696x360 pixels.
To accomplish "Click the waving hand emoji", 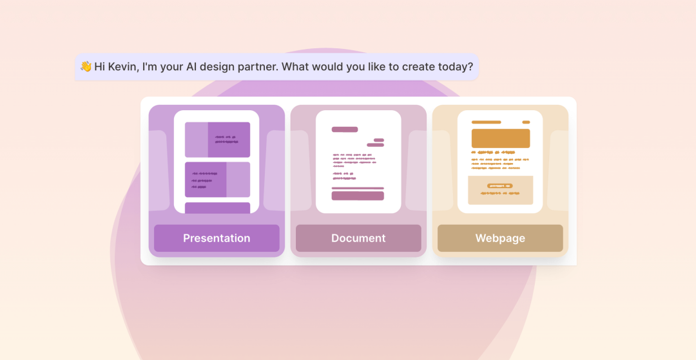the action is [86, 66].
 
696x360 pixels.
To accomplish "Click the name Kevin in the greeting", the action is [122, 67].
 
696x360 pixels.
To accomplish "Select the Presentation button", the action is [217, 238].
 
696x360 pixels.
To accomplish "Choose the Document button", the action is [358, 238].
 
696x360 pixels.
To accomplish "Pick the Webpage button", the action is [500, 238].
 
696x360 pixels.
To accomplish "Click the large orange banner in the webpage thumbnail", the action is [501, 138].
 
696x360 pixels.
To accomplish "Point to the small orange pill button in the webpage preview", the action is [500, 185].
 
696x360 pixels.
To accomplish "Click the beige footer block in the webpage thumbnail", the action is [501, 190].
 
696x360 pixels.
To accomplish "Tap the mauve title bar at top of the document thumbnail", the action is [344, 129].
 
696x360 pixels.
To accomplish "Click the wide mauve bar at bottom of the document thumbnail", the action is [358, 196].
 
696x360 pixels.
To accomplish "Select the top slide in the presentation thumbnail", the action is [218, 140].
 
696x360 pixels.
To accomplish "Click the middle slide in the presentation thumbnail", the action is [218, 180].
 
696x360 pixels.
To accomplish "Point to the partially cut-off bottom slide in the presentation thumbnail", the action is [218, 208].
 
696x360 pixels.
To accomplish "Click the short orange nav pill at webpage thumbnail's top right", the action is [526, 122].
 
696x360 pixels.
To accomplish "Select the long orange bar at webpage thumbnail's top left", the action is [486, 122].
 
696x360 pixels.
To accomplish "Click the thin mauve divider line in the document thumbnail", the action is [358, 189].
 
